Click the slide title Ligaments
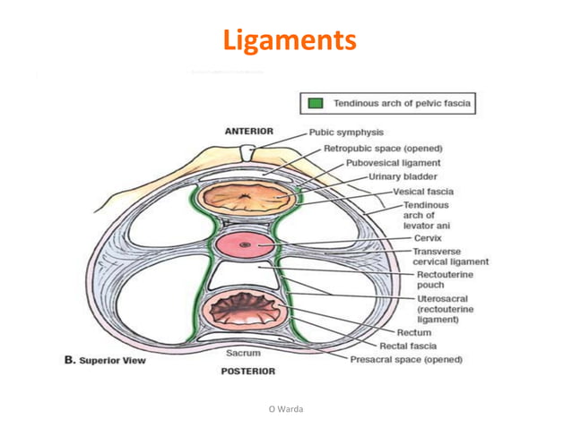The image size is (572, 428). click(x=289, y=40)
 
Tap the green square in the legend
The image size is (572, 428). click(x=316, y=103)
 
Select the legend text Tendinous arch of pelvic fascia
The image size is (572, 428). click(x=403, y=103)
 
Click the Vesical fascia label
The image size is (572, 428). click(x=423, y=191)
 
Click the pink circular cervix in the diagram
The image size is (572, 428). click(x=241, y=244)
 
